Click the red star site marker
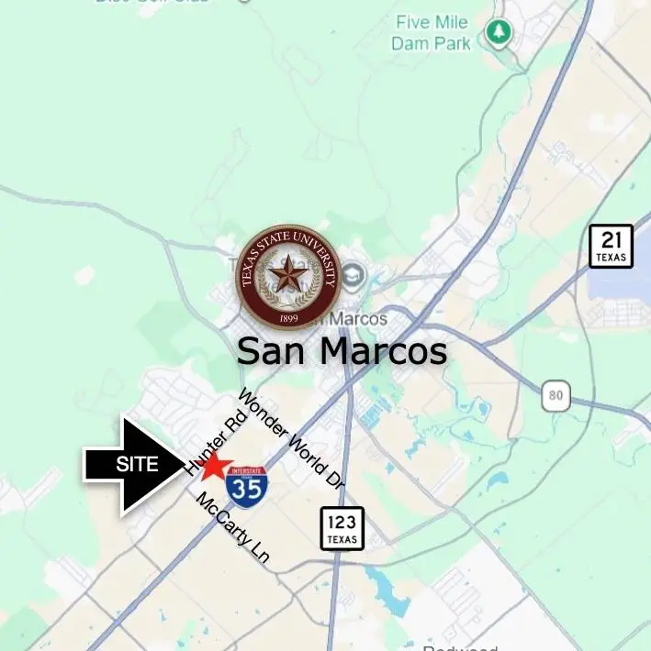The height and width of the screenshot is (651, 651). pyautogui.click(x=214, y=466)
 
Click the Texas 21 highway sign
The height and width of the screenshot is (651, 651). pyautogui.click(x=611, y=246)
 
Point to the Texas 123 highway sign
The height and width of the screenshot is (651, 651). pyautogui.click(x=342, y=528)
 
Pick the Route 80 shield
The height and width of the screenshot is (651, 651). pyautogui.click(x=556, y=395)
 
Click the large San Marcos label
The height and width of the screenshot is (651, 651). pyautogui.click(x=342, y=351)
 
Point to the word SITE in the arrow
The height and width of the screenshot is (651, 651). pyautogui.click(x=137, y=465)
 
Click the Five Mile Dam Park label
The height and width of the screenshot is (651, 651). pyautogui.click(x=431, y=32)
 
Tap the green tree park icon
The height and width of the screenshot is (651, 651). pyautogui.click(x=499, y=33)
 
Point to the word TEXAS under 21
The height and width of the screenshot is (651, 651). pyautogui.click(x=611, y=258)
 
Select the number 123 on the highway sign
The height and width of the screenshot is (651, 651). pyautogui.click(x=342, y=523)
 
